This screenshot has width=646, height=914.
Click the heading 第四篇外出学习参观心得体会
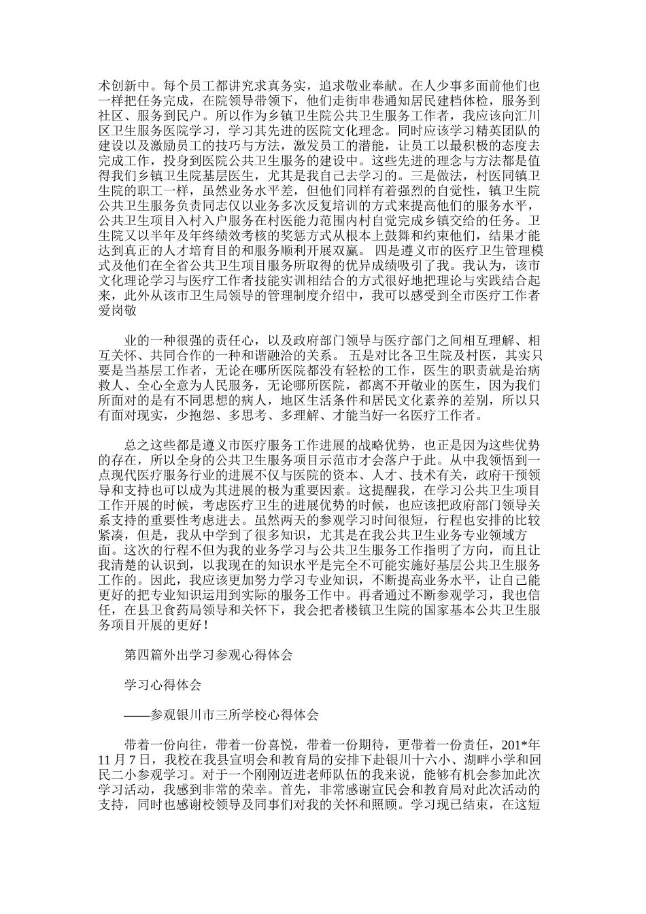click(x=208, y=656)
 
